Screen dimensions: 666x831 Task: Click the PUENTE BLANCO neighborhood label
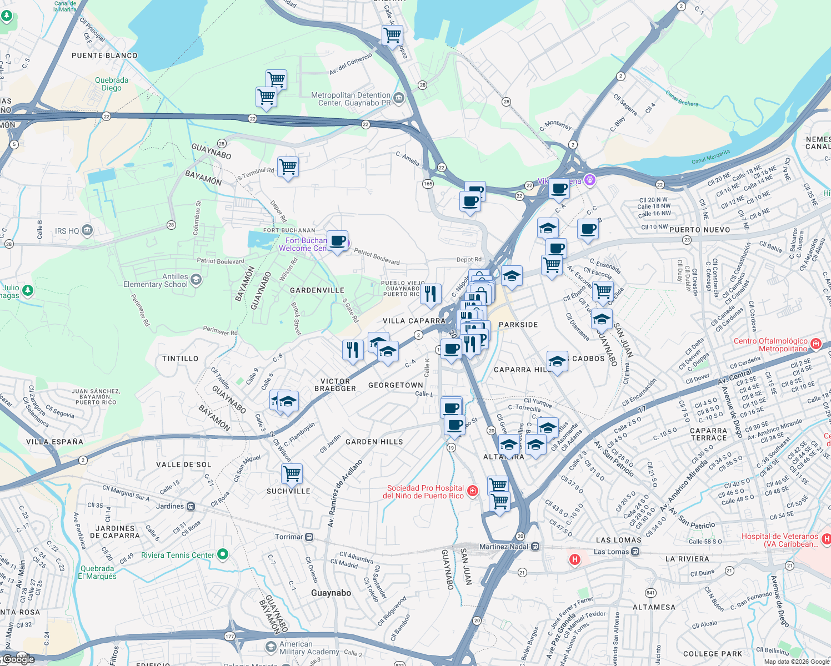click(x=104, y=56)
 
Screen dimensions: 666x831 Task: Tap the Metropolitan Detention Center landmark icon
click(x=399, y=98)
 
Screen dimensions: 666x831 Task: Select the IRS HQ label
click(x=68, y=231)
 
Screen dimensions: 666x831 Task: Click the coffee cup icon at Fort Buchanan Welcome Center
click(x=337, y=241)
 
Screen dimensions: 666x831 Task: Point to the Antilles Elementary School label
click(x=156, y=280)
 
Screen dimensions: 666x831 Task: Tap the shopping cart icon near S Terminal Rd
click(x=288, y=166)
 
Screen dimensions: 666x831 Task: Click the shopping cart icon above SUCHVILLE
click(x=292, y=473)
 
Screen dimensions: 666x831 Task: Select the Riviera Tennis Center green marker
click(x=223, y=554)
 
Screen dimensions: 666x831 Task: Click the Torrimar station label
click(x=289, y=537)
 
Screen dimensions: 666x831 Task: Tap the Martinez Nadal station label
click(x=504, y=547)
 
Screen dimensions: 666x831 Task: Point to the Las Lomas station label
click(x=611, y=552)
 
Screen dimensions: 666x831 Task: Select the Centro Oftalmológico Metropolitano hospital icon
click(x=815, y=344)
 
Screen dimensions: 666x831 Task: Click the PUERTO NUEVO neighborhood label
click(x=699, y=230)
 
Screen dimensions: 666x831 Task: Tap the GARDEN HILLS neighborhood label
click(x=374, y=442)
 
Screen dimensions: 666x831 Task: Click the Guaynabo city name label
click(x=331, y=593)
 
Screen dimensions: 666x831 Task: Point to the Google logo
click(x=18, y=659)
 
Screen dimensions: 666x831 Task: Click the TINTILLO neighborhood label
click(x=180, y=359)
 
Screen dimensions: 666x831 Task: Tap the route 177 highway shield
click(x=230, y=637)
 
